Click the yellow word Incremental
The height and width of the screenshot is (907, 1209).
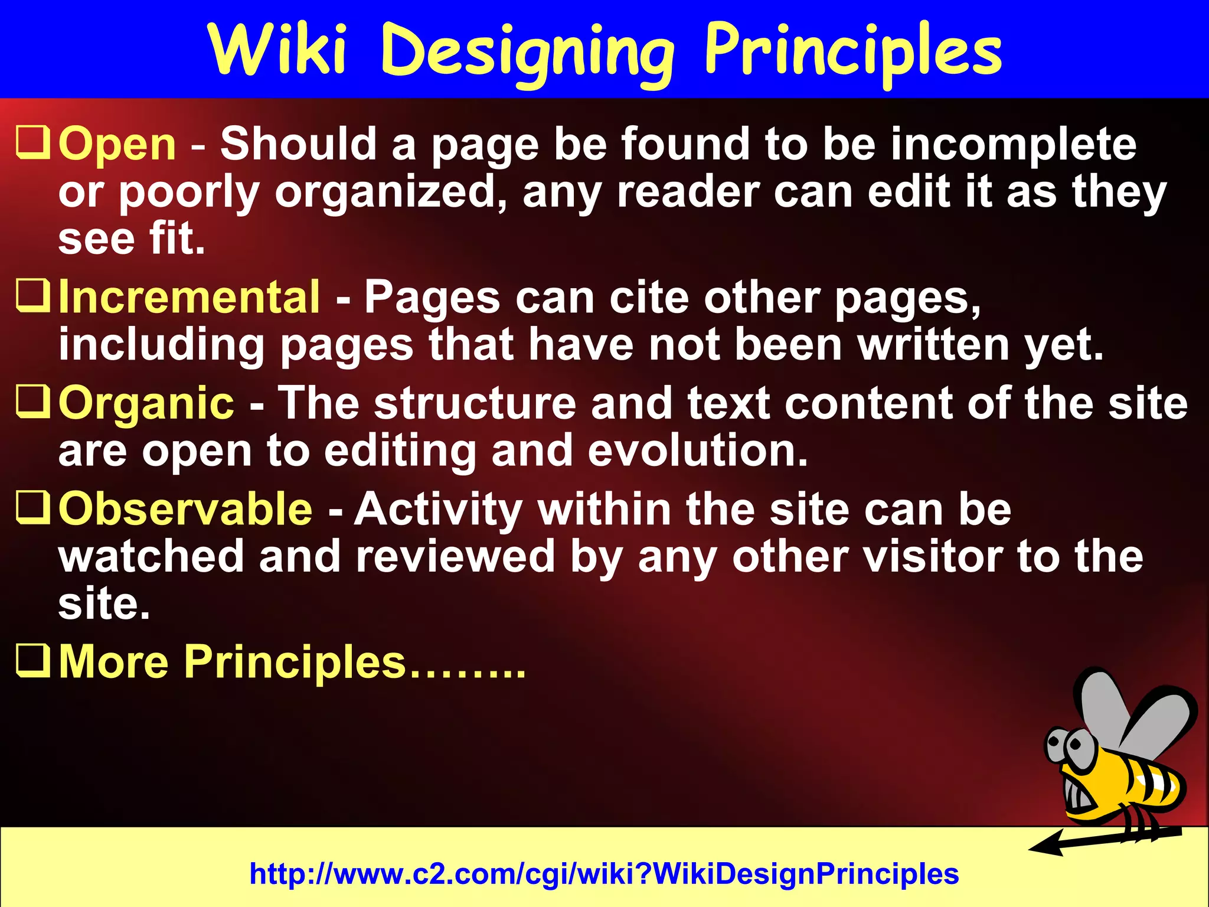[189, 297]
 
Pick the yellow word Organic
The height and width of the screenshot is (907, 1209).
[146, 403]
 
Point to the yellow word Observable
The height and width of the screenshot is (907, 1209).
[185, 509]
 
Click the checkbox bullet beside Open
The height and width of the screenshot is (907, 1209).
[32, 143]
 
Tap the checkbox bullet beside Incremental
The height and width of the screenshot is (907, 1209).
[32, 296]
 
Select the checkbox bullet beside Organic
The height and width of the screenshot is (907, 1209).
[32, 402]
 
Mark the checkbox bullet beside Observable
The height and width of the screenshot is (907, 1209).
[32, 508]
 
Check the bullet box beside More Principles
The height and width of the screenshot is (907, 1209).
[32, 660]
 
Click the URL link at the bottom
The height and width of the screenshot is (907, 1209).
[604, 873]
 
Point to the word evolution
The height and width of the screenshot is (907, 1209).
[697, 451]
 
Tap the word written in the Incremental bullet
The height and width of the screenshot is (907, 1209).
[933, 345]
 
